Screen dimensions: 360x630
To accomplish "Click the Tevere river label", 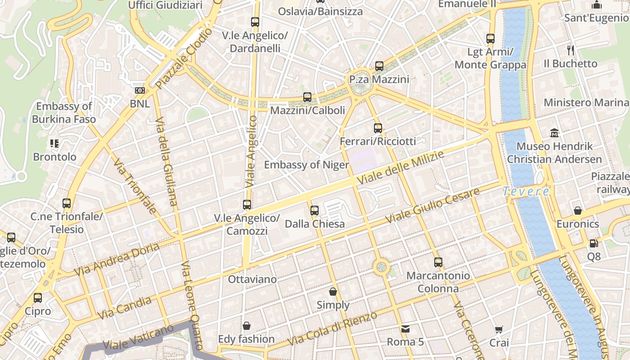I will (526, 191).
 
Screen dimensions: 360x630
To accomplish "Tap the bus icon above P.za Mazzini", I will (379, 66).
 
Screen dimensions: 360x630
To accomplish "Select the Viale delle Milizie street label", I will (400, 167).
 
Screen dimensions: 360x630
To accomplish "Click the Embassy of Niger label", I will (306, 165).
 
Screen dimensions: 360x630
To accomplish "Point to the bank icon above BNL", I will (139, 90).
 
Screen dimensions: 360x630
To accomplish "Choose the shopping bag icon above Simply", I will (333, 292).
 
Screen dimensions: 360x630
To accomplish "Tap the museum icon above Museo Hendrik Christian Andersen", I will (554, 133).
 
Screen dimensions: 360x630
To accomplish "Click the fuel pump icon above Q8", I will (594, 243).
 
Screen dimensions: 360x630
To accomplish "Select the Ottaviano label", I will (252, 279).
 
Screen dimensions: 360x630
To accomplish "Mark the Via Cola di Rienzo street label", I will (332, 328).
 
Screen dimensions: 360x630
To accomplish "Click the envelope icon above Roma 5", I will (405, 329).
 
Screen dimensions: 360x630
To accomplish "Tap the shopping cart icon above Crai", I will (499, 330).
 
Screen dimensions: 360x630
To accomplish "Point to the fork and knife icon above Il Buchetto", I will (571, 50).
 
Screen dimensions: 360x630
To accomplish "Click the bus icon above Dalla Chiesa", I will (315, 210).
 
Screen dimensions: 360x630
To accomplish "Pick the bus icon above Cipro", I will (38, 297).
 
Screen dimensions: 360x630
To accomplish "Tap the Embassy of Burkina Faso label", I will (64, 112).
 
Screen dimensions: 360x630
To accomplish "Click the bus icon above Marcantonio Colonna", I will (438, 262).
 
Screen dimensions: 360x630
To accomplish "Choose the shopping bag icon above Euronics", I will (578, 211).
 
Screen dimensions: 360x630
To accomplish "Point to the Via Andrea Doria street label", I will (117, 260).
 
